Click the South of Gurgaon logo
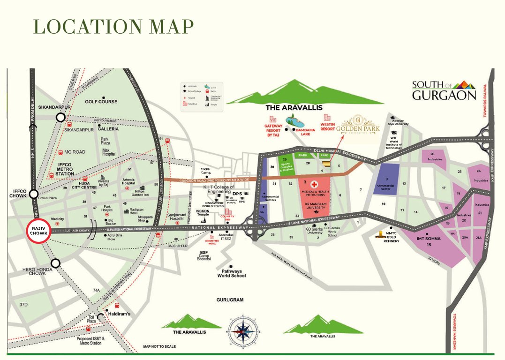tap(444, 91)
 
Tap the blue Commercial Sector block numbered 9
tap(388, 181)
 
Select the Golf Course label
tap(101, 102)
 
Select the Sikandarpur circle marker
tap(60, 118)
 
